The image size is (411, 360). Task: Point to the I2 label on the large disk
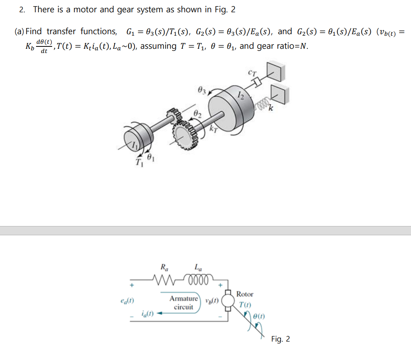[240, 94]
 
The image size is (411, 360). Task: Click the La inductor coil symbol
[198, 277]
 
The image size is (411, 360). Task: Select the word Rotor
[245, 294]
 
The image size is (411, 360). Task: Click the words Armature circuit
[184, 302]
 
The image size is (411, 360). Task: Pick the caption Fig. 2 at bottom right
[280, 339]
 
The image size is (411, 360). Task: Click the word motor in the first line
[85, 10]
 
